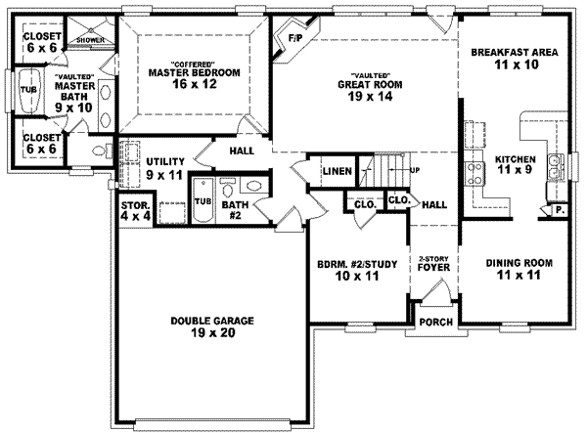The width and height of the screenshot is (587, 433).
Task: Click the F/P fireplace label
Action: point(293,40)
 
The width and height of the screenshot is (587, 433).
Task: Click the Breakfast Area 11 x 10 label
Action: point(514,59)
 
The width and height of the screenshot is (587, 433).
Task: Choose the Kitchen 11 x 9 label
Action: point(516,164)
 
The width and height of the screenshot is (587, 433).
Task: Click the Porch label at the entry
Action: point(433,323)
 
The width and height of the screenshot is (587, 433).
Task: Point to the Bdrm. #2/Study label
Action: point(355,270)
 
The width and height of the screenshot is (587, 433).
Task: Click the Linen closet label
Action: point(337,172)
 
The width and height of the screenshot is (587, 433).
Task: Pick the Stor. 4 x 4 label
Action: point(134,211)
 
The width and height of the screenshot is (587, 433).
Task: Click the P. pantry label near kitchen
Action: point(560,209)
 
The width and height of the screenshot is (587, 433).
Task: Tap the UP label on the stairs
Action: point(415,170)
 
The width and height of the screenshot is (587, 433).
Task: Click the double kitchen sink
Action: point(555,168)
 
